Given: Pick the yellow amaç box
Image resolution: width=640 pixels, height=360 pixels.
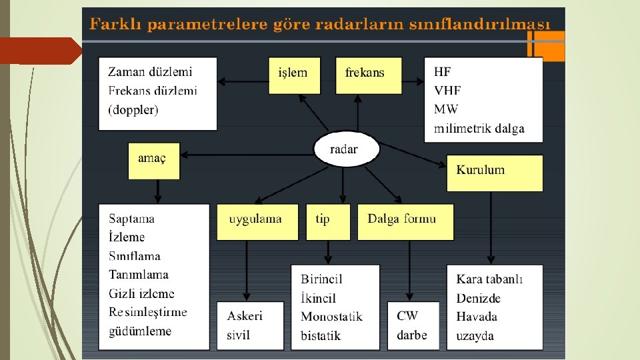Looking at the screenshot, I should pos(154,161).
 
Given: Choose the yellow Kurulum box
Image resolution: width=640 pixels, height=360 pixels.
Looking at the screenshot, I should pos(494,173).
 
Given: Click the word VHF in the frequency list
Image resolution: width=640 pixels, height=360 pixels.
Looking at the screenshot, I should pos(447,91).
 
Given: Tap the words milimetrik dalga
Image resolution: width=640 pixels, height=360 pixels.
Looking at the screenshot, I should pos(479,129).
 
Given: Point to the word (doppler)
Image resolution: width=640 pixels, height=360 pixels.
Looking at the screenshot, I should pos(133,109).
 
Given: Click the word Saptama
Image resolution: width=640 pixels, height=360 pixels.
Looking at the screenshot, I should pos(131,219).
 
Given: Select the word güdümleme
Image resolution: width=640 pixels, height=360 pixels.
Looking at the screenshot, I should pos(140,331).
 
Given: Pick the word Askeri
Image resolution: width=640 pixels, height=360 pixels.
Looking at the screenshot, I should pos(245,316).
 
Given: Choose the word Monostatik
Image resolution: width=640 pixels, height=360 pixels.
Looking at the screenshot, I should pos(331,317).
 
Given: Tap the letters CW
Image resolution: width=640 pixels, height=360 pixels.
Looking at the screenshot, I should pos(407,316).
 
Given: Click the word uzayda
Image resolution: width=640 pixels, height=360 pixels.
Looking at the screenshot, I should pos(475,335).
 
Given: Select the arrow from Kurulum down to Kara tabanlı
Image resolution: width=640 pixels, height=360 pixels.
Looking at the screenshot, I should pos(491,227).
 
